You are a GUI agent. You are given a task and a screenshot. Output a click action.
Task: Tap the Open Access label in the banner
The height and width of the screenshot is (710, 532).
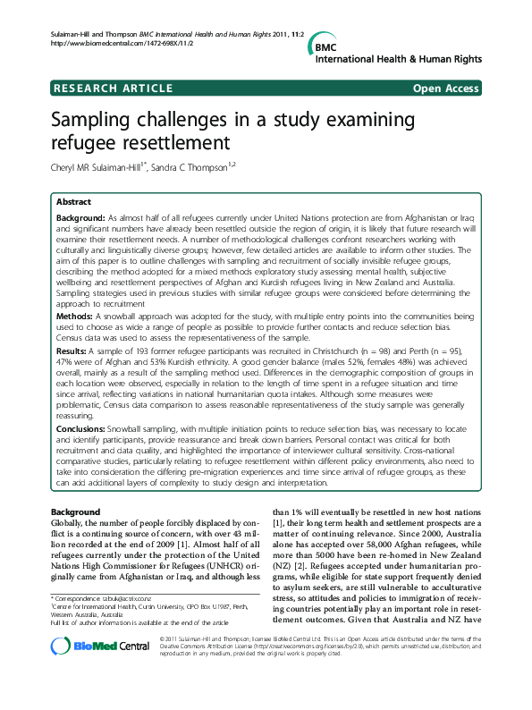coord(446,89)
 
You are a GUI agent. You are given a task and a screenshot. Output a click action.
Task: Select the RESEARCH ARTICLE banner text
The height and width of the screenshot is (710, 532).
coord(114,89)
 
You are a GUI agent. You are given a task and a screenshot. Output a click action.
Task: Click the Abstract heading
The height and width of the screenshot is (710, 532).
coord(74,203)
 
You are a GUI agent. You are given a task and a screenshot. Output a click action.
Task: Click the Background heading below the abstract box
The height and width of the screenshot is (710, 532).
coord(76,511)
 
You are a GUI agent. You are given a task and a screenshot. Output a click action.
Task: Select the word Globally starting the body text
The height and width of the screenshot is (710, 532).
coord(72,521)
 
